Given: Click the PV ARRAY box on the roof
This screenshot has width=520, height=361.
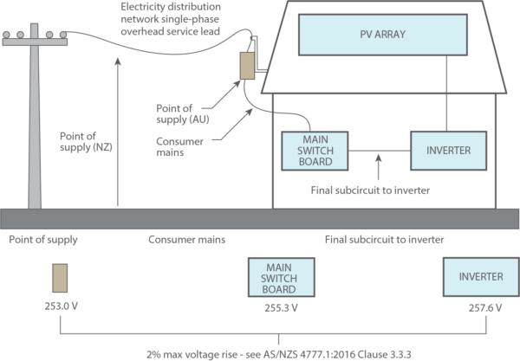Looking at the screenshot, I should click(381, 35).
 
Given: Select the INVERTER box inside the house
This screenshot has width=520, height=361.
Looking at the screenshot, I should click(448, 150).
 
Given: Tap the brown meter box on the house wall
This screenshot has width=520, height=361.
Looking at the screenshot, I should click(247, 65).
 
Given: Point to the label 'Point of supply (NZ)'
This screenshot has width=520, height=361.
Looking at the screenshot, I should click(85, 140).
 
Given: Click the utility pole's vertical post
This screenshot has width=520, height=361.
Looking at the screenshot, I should click(35, 130).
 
